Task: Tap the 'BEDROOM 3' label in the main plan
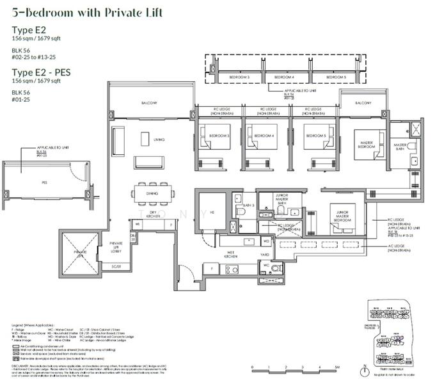click(218, 136)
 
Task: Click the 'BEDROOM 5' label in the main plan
click(316, 136)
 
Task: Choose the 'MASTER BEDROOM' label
click(367, 144)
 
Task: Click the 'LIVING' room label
click(159, 138)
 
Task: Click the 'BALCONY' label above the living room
click(150, 104)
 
